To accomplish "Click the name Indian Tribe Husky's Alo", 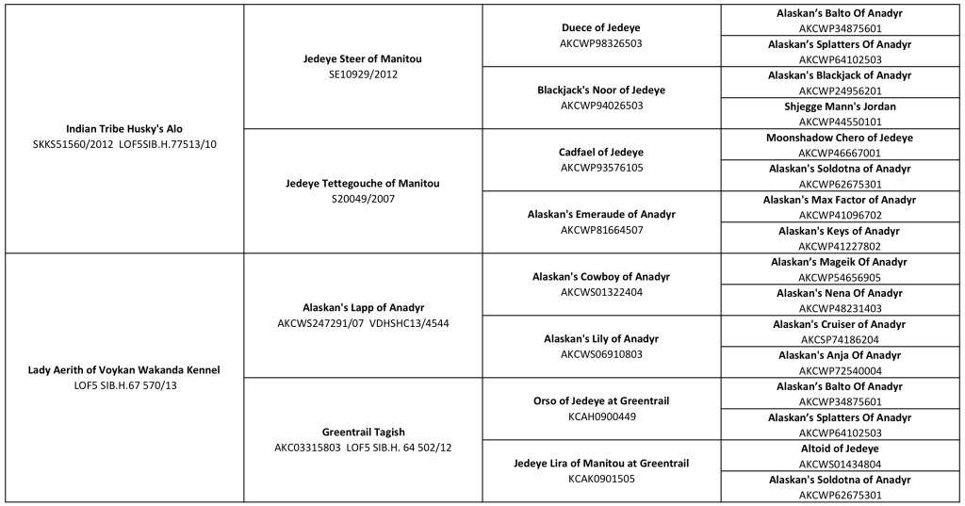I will point(123,128).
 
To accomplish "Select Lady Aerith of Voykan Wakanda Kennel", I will point(123,370).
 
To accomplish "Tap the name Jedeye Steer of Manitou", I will point(363,58).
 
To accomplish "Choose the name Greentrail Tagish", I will point(363,432).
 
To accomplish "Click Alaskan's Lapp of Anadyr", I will point(363,307).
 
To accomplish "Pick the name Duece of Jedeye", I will point(601,27).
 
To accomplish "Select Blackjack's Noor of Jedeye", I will point(601,90).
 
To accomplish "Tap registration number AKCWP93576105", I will point(601,167).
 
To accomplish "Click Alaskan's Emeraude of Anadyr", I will point(601,214).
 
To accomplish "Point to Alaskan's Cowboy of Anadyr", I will point(601,276).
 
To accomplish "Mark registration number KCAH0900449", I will point(601,416).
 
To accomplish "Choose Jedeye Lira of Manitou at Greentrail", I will point(601,463).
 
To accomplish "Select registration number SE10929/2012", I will point(363,73).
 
